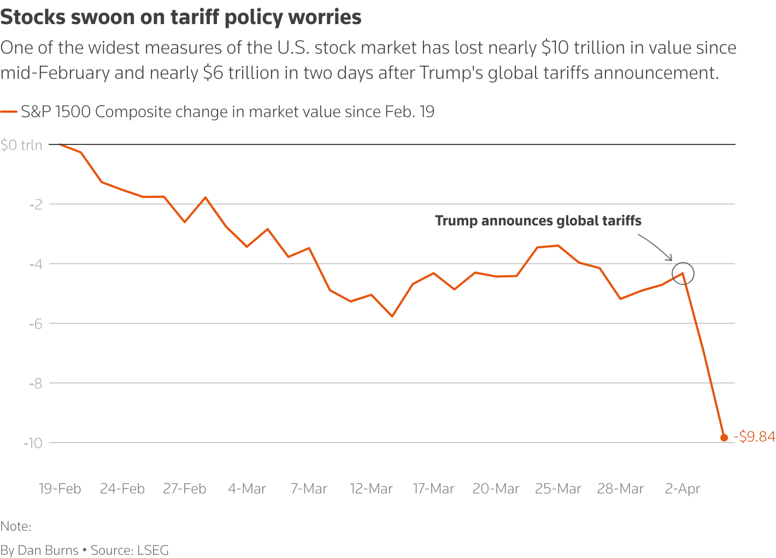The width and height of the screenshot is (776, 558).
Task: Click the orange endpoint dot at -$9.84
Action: tap(724, 437)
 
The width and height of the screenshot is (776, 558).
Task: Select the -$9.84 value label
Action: tap(755, 437)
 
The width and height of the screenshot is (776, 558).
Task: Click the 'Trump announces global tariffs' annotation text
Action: tap(538, 221)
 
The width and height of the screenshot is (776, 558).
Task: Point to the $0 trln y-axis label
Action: tap(21, 145)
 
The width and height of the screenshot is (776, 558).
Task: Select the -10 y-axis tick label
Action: tap(33, 443)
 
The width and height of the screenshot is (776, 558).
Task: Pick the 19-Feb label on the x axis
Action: tap(60, 489)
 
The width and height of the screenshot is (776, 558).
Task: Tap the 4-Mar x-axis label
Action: tap(246, 489)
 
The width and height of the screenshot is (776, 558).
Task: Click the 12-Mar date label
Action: tap(371, 489)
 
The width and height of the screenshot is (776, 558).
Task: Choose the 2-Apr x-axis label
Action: tap(682, 489)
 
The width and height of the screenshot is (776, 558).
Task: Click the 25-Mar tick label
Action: tap(558, 489)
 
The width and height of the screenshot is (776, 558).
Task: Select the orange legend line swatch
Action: tap(9, 112)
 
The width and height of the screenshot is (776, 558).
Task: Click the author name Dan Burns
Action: tap(48, 550)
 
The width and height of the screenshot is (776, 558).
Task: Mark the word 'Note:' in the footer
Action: tap(16, 526)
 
